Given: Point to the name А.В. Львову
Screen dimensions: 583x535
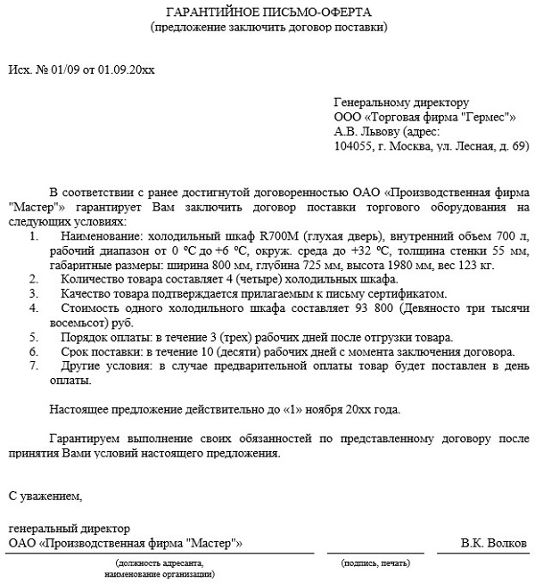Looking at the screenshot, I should point(366,131).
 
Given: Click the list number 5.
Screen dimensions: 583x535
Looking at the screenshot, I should point(33,337).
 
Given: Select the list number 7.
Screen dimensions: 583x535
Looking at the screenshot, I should point(33,365).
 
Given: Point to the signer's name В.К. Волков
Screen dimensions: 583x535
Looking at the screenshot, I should point(495,543).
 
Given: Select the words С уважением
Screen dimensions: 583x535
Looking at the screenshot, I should point(45,495).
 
